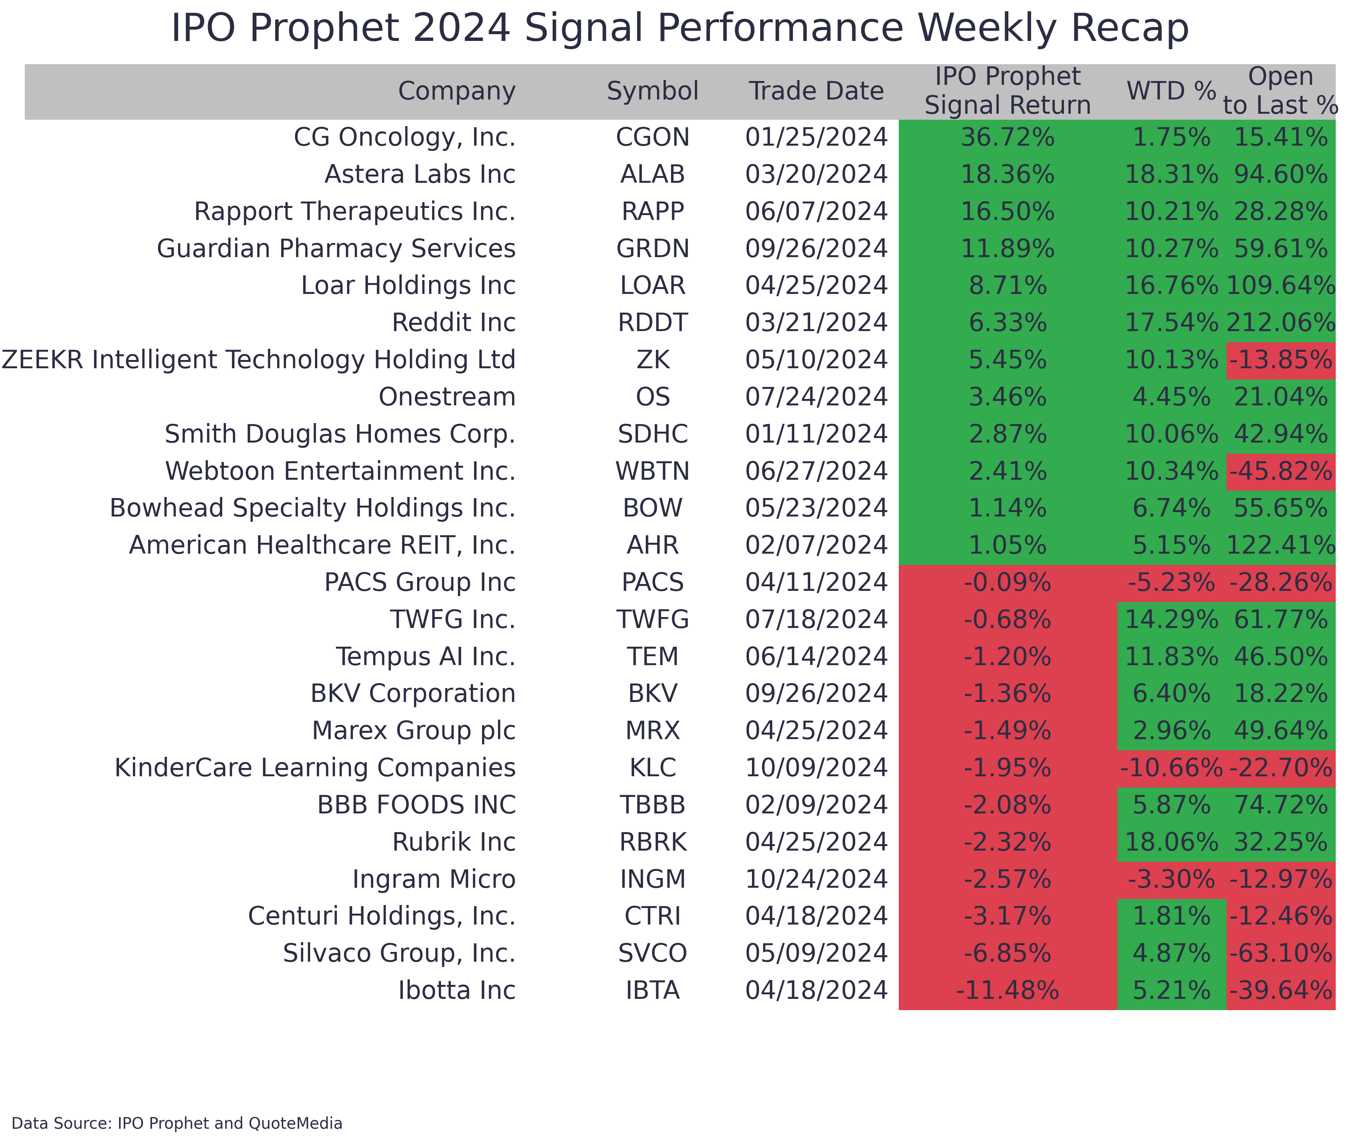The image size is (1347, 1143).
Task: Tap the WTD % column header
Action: [x=1171, y=91]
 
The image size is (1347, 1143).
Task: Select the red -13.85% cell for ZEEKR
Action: [x=1280, y=360]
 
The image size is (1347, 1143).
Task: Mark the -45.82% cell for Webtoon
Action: [x=1280, y=471]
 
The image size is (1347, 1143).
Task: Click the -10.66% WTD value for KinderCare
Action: [x=1171, y=768]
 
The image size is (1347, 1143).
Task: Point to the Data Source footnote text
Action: [x=177, y=1123]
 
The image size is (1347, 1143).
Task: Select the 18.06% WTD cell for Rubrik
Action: [x=1171, y=842]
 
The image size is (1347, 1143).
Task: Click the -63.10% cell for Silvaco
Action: [x=1280, y=953]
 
